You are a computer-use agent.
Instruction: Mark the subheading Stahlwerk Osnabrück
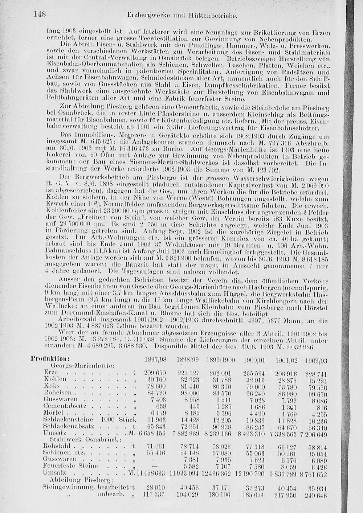coord(82,440)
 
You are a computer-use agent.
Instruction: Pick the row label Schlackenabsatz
coord(69,426)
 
